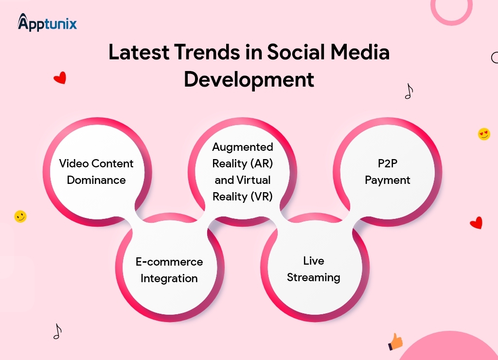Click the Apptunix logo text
coord(48,23)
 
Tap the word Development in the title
coord(249,79)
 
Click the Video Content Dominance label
coord(96,172)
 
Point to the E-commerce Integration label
coord(169,270)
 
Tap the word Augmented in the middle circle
coord(243,147)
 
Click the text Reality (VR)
coord(243,197)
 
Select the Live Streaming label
coord(314,269)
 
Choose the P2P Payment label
coord(388,172)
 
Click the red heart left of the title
coord(60,78)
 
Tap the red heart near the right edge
coord(476,223)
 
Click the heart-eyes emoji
coord(484,134)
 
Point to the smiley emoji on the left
coord(20,216)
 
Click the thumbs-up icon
coord(396,342)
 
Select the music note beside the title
coord(409,91)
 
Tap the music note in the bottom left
coord(57,331)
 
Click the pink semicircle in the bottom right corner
coord(450,348)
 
